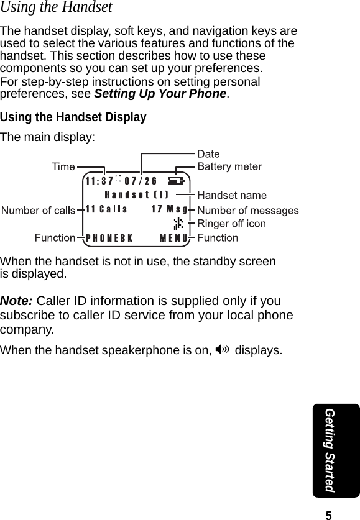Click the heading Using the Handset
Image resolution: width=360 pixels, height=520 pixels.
[x=57, y=8]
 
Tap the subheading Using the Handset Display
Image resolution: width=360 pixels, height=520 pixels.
[x=73, y=117]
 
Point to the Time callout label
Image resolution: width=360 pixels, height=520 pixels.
[x=63, y=166]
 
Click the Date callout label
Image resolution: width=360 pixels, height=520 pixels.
[x=208, y=153]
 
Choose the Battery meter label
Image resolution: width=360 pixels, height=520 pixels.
[x=229, y=166]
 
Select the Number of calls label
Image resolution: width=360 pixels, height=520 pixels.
[x=38, y=211]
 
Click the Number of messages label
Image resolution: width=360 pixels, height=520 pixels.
[x=247, y=210]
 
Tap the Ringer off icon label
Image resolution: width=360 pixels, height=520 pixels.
[x=231, y=223]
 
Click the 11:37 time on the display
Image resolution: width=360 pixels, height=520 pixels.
[x=99, y=181]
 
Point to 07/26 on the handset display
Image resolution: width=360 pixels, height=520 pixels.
[x=141, y=181]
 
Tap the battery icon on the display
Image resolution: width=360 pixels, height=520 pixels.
[x=176, y=181]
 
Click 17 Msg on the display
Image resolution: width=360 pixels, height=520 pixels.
[x=170, y=209]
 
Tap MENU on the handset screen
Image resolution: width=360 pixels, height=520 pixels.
[x=174, y=238]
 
